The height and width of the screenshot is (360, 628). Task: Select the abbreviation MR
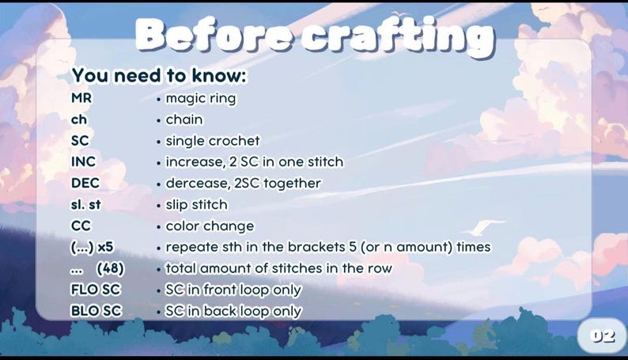81,99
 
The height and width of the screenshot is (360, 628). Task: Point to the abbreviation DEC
85,184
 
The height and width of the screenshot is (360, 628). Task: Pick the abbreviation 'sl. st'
85,205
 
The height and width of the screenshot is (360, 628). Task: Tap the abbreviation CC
81,226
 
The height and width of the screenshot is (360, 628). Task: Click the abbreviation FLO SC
96,290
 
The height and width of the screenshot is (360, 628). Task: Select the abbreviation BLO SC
96,311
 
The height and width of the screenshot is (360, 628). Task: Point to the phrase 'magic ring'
200,99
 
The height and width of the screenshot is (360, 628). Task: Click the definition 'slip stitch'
196,205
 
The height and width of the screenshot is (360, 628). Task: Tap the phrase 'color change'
210,226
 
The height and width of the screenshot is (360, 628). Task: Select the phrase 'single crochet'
212,141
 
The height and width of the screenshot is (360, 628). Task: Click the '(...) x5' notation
93,247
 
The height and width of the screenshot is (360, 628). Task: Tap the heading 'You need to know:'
159,76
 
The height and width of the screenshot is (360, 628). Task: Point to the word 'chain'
183,120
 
